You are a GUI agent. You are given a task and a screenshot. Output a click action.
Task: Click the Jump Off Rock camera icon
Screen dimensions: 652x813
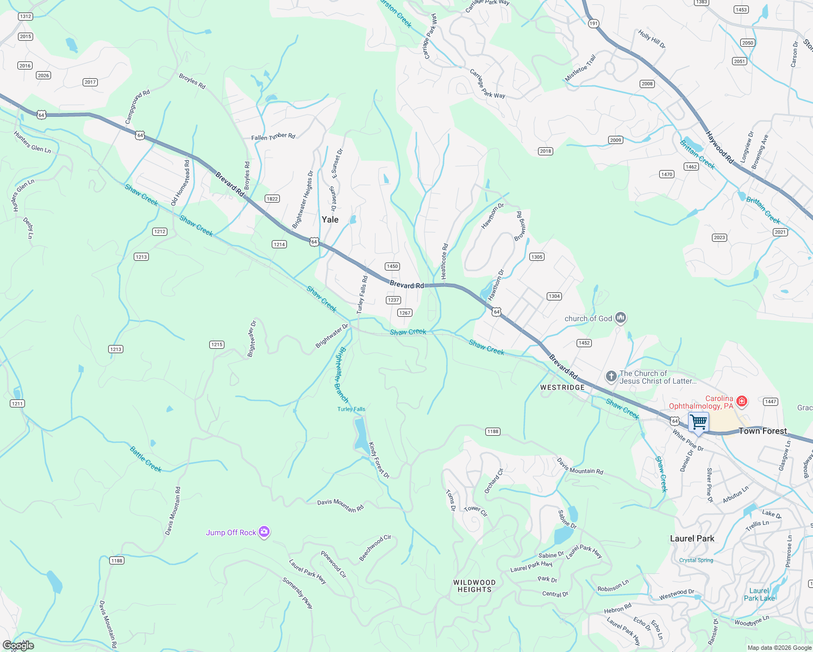[x=264, y=532]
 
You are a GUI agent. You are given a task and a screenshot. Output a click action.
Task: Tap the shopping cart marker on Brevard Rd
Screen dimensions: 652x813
[x=698, y=422]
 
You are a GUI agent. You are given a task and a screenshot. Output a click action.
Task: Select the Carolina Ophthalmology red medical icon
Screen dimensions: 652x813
[x=741, y=401]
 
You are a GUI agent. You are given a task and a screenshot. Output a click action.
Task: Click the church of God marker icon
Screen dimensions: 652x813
[x=621, y=318]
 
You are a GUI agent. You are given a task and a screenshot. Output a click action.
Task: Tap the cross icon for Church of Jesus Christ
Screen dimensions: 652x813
[x=611, y=377]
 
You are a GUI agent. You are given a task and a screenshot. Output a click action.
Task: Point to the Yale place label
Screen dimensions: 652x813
[x=330, y=220]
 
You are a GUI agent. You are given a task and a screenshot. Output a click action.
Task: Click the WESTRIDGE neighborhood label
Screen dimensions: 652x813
[x=562, y=387]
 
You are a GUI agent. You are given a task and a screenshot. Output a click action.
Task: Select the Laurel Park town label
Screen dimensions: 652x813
[x=692, y=538]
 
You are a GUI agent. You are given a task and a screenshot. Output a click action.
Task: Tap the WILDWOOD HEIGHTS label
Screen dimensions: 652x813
[x=474, y=586]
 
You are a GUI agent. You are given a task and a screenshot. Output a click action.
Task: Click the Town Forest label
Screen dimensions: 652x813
[x=762, y=431]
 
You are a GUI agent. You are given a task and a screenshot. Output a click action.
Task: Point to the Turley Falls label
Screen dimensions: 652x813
[x=351, y=409]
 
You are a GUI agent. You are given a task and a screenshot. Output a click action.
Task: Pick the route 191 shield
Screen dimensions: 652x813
[x=593, y=23]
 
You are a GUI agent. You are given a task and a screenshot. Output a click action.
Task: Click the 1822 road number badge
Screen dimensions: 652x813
[x=272, y=199]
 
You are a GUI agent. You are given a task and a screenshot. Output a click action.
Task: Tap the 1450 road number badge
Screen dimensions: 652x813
[x=392, y=266]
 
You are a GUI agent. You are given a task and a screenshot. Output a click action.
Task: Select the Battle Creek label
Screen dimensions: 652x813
[x=146, y=459]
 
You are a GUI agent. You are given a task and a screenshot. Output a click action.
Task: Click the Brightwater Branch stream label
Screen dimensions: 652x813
[x=341, y=374]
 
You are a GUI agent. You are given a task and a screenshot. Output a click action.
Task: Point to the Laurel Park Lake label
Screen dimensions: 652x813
[x=759, y=594]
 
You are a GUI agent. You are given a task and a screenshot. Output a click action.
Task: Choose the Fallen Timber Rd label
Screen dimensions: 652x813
[x=273, y=136]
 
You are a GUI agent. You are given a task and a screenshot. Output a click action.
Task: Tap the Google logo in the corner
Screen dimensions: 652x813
[x=18, y=645]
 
